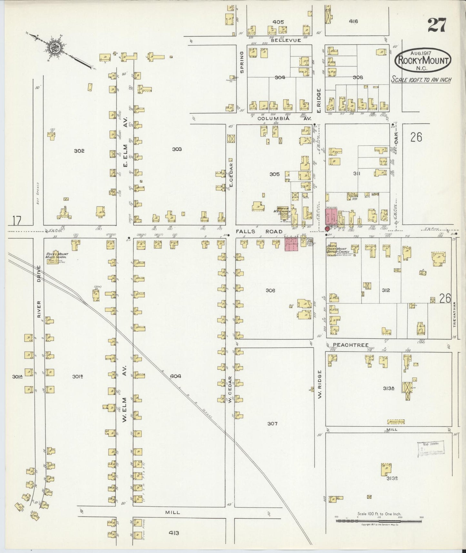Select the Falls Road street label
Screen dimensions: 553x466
(259, 231)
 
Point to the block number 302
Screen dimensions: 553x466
(79, 151)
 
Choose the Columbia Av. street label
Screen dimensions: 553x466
(284, 119)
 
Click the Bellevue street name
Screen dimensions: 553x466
(286, 40)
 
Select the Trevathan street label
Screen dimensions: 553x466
(455, 315)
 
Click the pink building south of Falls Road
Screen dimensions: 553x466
(291, 244)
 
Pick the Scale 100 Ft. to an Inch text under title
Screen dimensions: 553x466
(421, 79)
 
